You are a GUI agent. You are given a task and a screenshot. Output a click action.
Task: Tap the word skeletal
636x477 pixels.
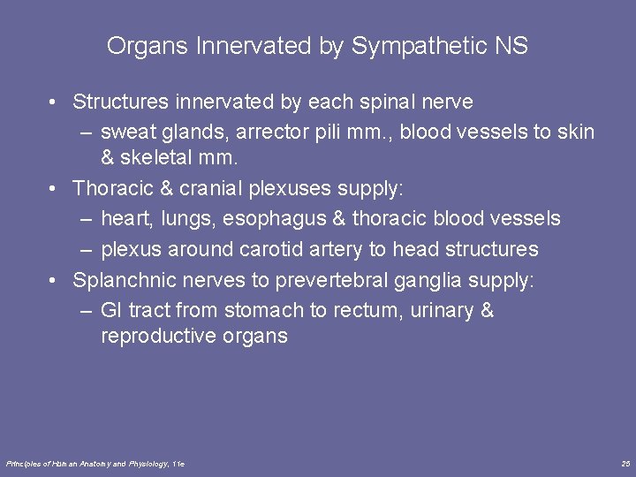pos(163,158)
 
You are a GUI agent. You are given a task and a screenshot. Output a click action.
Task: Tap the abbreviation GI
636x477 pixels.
pos(111,310)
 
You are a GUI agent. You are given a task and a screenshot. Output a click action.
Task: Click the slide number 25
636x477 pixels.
pos(625,464)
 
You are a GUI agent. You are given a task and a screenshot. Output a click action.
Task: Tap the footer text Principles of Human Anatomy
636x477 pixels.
pos(66,464)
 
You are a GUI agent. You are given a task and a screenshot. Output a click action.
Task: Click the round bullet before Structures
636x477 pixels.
pos(55,102)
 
